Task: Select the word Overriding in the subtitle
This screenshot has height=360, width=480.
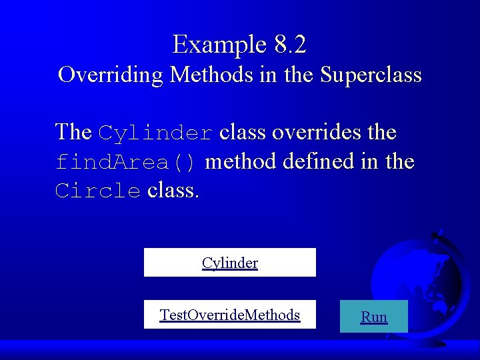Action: tap(111, 74)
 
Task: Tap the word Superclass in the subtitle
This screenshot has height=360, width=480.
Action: tap(371, 74)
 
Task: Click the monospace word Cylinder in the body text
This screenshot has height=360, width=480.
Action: tap(156, 133)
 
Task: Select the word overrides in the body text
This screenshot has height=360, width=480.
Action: tap(303, 132)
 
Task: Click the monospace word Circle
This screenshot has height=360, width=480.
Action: tap(98, 191)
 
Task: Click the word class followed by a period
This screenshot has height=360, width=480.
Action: tap(173, 191)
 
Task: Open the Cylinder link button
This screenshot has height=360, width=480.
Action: tap(230, 263)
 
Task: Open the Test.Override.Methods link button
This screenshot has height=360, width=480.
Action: tap(230, 315)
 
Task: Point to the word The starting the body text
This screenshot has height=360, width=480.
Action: tap(73, 132)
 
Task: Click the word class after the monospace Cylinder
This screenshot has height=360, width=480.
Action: tap(243, 132)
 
